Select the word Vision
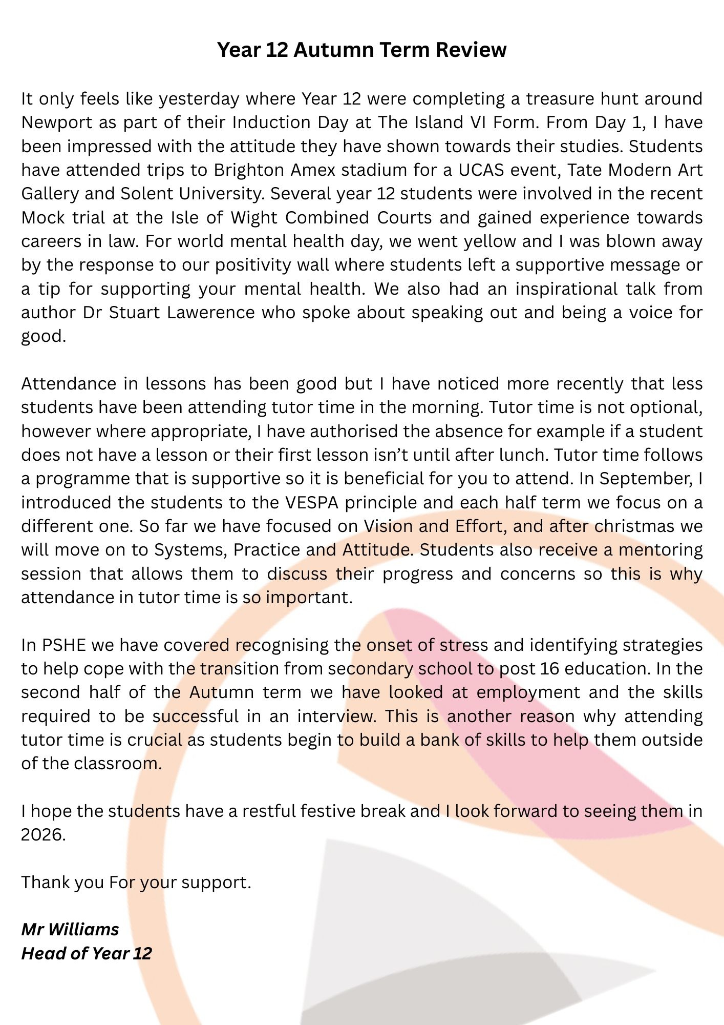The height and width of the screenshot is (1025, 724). (388, 526)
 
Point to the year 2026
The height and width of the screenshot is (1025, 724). (43, 835)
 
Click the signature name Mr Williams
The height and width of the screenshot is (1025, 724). (70, 930)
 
